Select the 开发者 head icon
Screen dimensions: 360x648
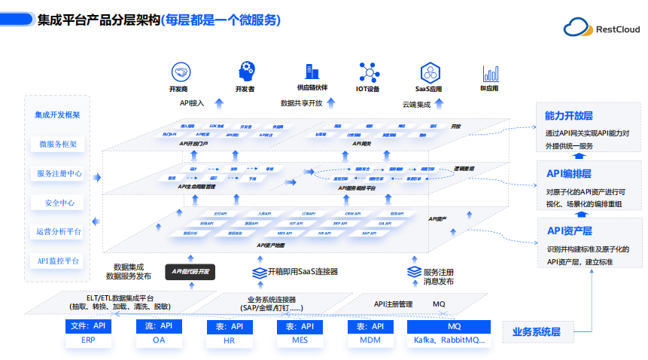[x=245, y=72]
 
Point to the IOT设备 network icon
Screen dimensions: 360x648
[x=368, y=72]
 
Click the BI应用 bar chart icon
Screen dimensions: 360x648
[x=490, y=73]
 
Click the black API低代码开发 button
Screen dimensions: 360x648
[x=190, y=271]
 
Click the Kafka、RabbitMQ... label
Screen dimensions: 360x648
[x=450, y=340]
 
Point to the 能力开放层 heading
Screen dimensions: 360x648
[x=569, y=116]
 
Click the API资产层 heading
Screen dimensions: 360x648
[x=569, y=230]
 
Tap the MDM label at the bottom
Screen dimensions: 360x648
[x=371, y=340]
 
